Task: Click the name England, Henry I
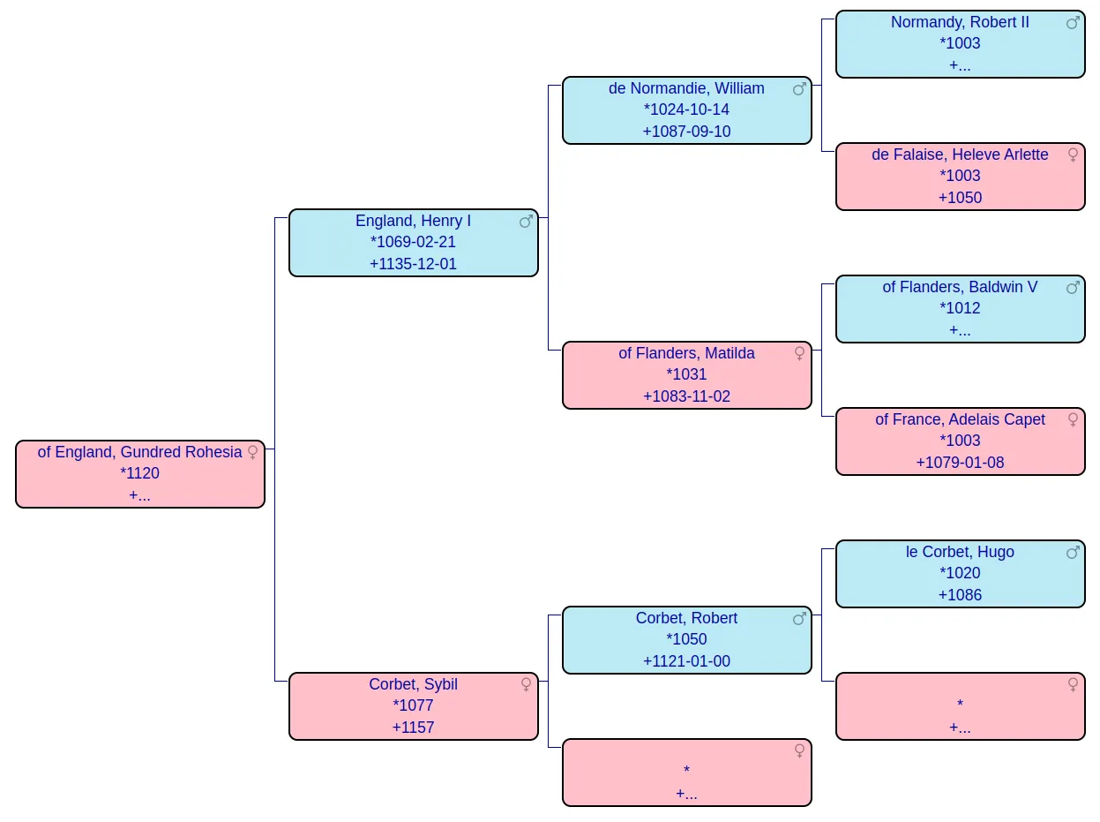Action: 413,221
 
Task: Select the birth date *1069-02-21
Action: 413,242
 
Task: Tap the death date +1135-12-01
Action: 413,264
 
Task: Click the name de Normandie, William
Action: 686,88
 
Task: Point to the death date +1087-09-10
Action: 686,132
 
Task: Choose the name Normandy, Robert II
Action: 959,22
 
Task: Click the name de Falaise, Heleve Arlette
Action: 959,155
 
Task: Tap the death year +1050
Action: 959,198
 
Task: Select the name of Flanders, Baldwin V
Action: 959,287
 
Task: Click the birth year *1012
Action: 959,308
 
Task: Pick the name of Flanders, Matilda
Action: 686,353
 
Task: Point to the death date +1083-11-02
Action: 686,396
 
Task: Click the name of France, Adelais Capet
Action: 959,419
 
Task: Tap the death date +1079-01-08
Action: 959,463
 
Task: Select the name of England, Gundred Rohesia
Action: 139,452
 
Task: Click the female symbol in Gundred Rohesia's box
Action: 252,452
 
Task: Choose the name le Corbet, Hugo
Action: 959,552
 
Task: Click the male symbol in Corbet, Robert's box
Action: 799,618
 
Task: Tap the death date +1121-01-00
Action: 686,661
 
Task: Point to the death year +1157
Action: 413,728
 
